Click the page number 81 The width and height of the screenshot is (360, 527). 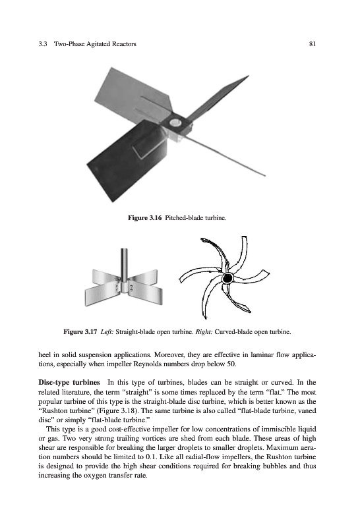click(312, 43)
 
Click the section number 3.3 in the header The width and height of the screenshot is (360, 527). click(42, 43)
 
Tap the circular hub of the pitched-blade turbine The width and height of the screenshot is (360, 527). click(175, 123)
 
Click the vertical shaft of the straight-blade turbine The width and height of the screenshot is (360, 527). click(125, 265)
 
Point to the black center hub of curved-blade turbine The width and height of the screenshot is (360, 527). click(227, 278)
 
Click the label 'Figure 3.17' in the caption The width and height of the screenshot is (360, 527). click(80, 332)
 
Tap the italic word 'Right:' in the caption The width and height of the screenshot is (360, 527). click(204, 332)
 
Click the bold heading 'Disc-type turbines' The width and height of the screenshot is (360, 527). click(69, 383)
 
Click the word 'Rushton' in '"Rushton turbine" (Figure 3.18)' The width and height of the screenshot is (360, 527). click(52, 410)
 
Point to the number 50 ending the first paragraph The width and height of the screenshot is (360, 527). click(231, 364)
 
